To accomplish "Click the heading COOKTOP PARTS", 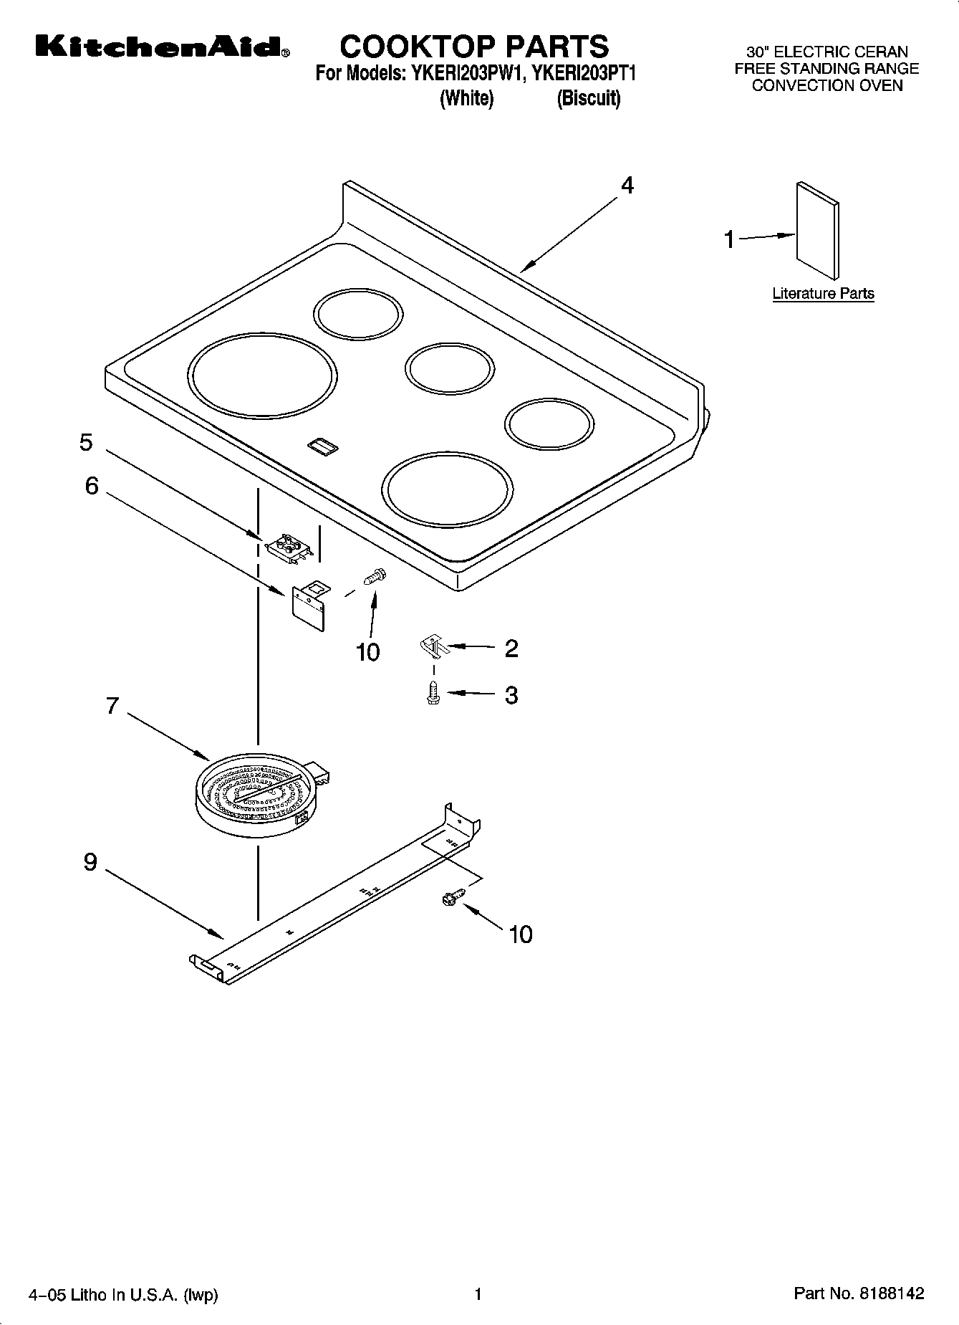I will (x=473, y=47).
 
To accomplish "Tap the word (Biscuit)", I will (x=588, y=98).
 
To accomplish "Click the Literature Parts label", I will (x=823, y=293).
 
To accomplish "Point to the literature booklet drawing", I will (x=817, y=229).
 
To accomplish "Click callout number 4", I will (x=627, y=186).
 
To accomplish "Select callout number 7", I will (x=112, y=706).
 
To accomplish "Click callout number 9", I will (x=90, y=861).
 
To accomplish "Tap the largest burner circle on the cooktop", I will (x=262, y=376).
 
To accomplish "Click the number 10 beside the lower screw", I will (x=521, y=934).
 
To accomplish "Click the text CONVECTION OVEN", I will (x=827, y=85).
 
